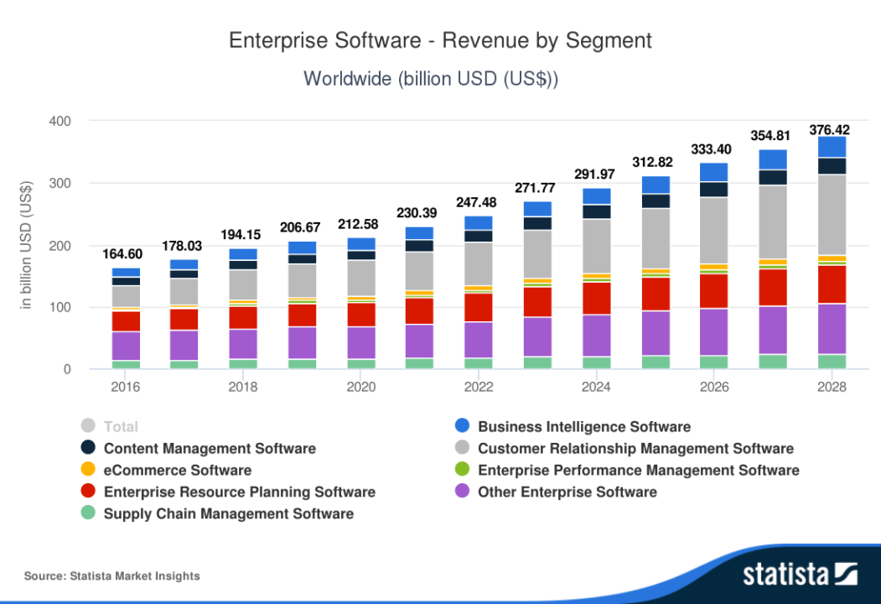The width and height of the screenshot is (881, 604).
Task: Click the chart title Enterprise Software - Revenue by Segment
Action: click(x=440, y=40)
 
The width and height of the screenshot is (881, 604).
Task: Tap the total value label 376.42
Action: click(x=829, y=130)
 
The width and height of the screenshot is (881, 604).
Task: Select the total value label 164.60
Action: click(x=125, y=253)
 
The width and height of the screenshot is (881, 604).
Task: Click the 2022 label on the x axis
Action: click(x=479, y=388)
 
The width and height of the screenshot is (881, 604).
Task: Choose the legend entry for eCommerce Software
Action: click(x=177, y=471)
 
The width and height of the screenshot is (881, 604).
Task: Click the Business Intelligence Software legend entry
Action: click(x=583, y=427)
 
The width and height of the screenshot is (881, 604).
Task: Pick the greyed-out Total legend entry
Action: click(x=120, y=427)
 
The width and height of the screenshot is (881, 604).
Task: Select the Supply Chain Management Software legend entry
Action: click(x=228, y=514)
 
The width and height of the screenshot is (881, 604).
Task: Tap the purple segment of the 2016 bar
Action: click(x=126, y=346)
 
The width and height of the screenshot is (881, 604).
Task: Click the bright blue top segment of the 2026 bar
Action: click(x=714, y=172)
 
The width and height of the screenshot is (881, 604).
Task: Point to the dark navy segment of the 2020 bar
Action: click(x=361, y=255)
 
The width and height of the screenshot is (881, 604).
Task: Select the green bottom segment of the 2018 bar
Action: click(x=243, y=364)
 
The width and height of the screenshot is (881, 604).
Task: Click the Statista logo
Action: click(x=799, y=575)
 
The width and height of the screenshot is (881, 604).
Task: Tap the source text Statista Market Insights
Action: click(x=112, y=576)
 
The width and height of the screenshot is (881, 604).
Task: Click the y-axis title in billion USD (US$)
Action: click(x=26, y=244)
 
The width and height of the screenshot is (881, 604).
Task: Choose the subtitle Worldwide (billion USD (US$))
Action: click(x=431, y=79)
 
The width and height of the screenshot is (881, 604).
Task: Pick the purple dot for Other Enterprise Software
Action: click(x=462, y=492)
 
